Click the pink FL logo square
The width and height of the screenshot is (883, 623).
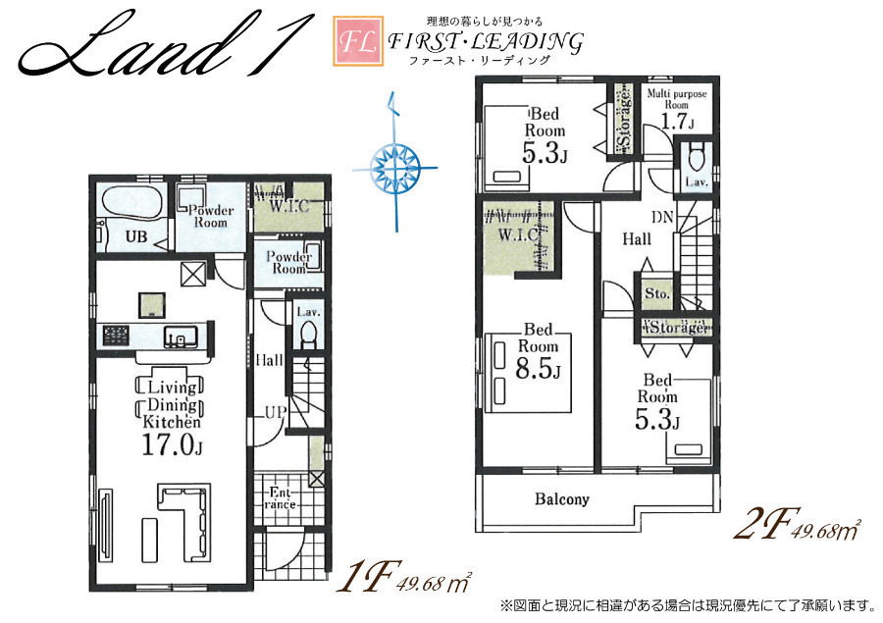coord(357,41)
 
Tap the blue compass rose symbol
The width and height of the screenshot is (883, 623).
coord(396,167)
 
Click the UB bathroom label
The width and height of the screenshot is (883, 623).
coord(136,237)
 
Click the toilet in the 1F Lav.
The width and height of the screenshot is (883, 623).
coord(308,335)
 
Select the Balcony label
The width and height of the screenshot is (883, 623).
coord(561,499)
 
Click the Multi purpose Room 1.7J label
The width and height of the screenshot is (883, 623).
coord(676,109)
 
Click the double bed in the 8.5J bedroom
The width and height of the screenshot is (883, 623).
coord(528,373)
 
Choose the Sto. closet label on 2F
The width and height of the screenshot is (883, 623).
coord(657,294)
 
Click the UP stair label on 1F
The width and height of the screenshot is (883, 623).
coord(276,412)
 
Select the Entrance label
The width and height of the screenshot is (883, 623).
coord(281,498)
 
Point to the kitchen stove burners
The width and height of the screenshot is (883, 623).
coord(116,336)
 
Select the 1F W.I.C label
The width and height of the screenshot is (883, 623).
coord(288,206)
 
